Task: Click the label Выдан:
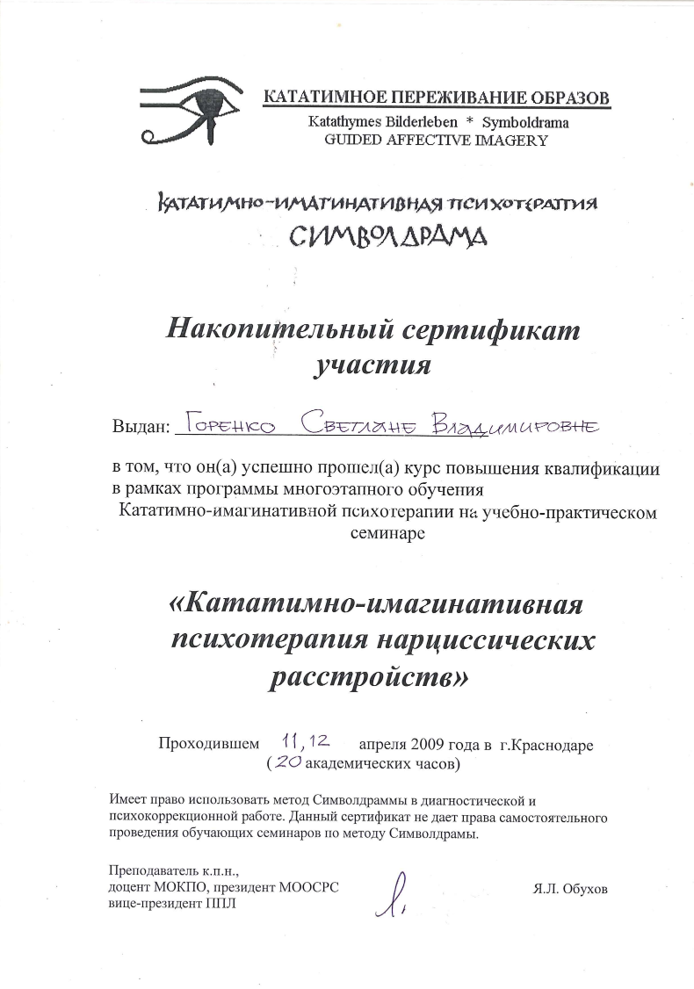pyautogui.click(x=140, y=428)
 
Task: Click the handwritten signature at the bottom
pyautogui.click(x=400, y=896)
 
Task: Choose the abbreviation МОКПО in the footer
pyautogui.click(x=179, y=888)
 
